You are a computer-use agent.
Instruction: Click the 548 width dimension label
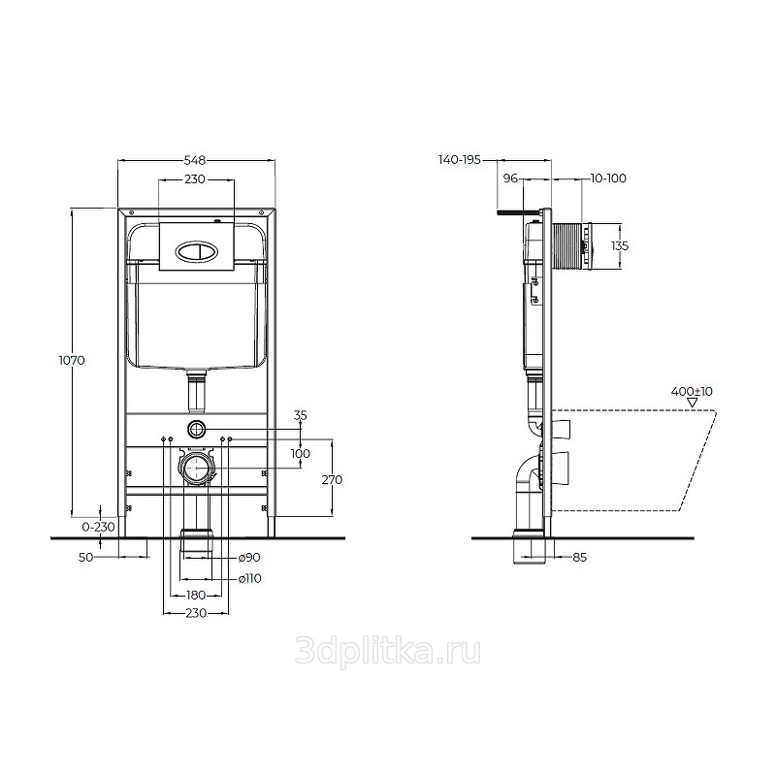pos(195,160)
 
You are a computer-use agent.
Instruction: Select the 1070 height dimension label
pos(72,360)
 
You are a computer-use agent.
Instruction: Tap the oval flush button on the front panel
pos(196,250)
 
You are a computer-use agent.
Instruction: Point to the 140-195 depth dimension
pos(460,160)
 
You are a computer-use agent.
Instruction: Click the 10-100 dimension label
pos(608,178)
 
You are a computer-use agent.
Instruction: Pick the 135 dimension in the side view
pos(620,245)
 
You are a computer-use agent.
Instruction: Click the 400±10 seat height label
pos(692,391)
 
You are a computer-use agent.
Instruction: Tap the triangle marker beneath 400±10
pos(693,403)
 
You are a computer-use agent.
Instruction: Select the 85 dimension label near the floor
pos(579,557)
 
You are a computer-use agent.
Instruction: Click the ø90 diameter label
pos(249,557)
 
